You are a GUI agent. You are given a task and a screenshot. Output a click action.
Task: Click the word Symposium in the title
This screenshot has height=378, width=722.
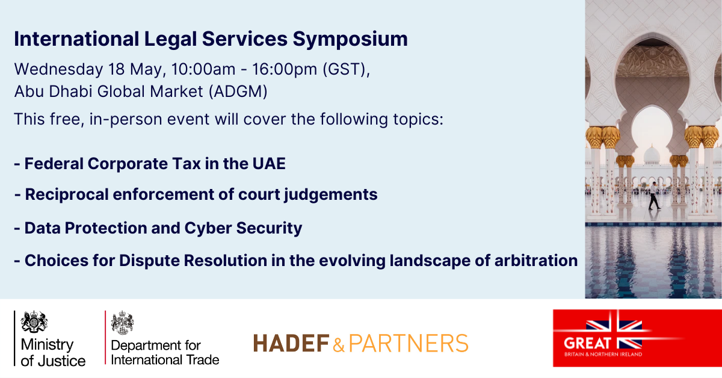point(350,39)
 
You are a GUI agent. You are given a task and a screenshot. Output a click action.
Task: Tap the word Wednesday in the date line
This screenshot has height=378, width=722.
point(58,69)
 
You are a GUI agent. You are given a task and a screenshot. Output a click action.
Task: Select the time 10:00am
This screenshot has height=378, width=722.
point(203,69)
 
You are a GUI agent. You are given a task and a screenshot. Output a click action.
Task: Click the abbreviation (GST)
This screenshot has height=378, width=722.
point(347,70)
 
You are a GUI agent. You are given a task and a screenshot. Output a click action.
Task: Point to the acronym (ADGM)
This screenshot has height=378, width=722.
point(238,91)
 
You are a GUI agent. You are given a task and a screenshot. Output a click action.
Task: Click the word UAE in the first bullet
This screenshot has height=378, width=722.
point(269,164)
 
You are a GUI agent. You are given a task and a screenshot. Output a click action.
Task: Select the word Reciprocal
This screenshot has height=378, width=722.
point(67,195)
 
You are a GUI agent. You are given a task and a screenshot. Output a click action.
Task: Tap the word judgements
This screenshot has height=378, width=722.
point(331,195)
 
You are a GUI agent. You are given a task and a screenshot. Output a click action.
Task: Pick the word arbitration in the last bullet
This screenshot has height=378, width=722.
point(536,261)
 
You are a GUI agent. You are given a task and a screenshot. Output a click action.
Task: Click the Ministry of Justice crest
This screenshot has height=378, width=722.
point(34,321)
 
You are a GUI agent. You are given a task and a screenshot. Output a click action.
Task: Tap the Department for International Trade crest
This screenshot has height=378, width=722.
point(122,323)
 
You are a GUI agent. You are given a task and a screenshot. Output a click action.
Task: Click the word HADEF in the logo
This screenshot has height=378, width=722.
point(291,343)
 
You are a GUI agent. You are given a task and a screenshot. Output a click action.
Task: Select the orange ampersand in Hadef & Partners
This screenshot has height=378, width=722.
point(338,344)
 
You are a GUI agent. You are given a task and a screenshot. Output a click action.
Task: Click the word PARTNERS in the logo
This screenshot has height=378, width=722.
point(409,343)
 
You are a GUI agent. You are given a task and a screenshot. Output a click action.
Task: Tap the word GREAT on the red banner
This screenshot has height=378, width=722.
point(587,344)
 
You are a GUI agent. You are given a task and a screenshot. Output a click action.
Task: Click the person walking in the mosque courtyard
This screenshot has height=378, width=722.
point(653,196)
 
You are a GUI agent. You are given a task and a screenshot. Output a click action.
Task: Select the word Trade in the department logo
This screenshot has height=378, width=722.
point(203,360)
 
